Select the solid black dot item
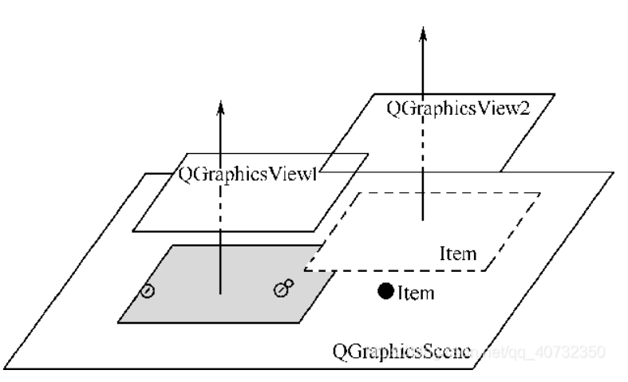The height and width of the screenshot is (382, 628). [385, 292]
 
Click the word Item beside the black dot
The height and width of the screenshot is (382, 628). [416, 293]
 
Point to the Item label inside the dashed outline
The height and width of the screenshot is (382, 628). [459, 254]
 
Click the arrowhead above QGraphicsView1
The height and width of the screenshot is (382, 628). [221, 105]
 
